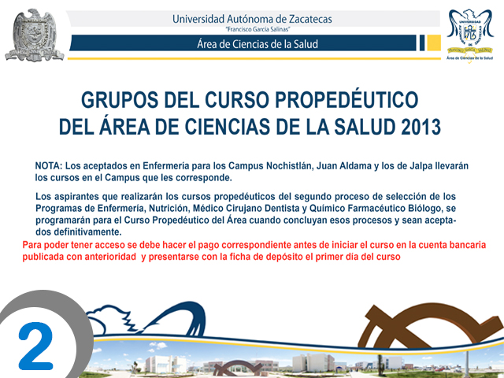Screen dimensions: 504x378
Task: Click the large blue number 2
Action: (x=36, y=347)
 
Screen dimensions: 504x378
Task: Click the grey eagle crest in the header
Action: (x=34, y=35)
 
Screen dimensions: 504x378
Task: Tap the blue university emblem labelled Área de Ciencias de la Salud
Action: (x=469, y=35)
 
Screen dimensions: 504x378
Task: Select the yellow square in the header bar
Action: (x=434, y=43)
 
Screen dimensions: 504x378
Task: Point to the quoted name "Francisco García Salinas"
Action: (x=258, y=30)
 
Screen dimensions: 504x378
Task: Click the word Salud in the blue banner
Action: (x=306, y=44)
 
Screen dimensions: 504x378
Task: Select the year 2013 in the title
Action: (x=421, y=127)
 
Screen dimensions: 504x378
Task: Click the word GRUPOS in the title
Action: (x=120, y=100)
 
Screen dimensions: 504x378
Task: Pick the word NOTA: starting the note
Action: (x=48, y=166)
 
